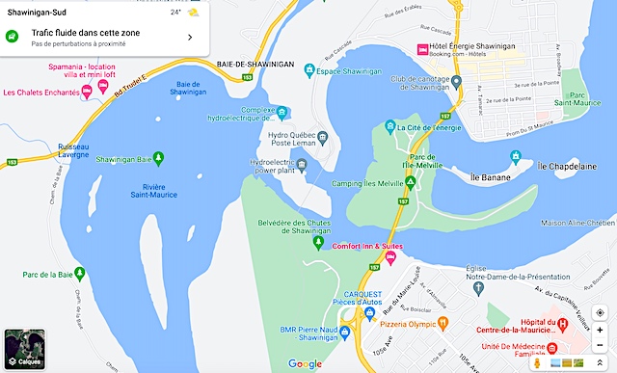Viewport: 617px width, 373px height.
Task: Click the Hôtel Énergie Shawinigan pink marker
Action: click(x=422, y=49)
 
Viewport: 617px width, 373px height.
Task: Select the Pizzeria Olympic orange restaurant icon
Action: click(x=443, y=323)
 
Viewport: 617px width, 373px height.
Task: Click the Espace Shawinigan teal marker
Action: click(x=308, y=69)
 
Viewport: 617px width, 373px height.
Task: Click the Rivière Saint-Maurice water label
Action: click(x=154, y=191)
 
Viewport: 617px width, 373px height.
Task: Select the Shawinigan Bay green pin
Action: click(x=159, y=158)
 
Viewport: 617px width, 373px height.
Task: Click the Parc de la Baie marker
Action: click(x=81, y=274)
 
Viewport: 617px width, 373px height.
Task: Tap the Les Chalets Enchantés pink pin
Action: click(x=87, y=92)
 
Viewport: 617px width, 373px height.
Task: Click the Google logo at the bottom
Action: click(x=305, y=363)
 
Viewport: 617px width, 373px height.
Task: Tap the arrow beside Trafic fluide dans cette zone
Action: click(x=190, y=38)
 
